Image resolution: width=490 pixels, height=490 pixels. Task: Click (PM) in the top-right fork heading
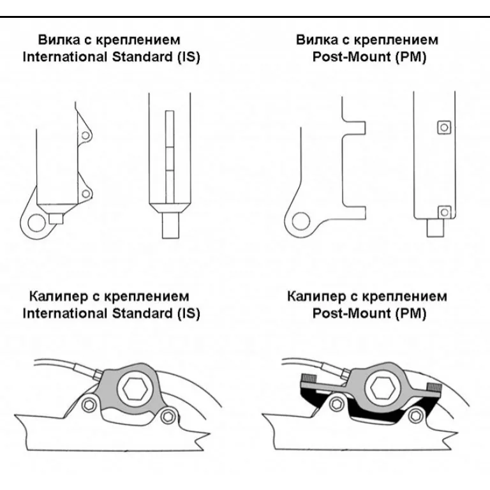(x=412, y=57)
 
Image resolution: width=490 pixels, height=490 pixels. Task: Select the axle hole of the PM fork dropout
(x=297, y=223)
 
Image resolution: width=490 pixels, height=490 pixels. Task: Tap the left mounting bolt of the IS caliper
(x=93, y=403)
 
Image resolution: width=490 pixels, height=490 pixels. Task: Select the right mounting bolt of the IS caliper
(x=168, y=417)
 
